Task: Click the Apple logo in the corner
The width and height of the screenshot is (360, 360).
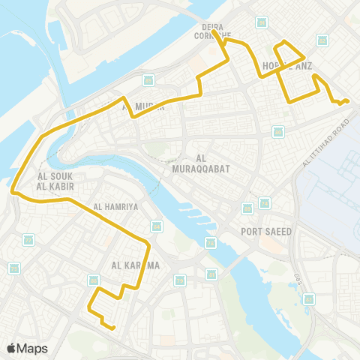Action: [11, 348]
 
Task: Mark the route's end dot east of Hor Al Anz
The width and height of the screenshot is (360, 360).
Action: [346, 101]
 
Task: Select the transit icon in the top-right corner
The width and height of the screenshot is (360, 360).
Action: [322, 40]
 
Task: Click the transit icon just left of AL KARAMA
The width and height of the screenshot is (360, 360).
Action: [94, 280]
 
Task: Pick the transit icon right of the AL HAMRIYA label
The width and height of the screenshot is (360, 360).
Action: [156, 225]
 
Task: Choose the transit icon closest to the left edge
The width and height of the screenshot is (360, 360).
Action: [13, 268]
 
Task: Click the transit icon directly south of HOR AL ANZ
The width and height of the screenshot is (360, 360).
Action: [278, 131]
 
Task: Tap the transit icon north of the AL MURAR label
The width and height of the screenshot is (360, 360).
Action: [148, 80]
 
